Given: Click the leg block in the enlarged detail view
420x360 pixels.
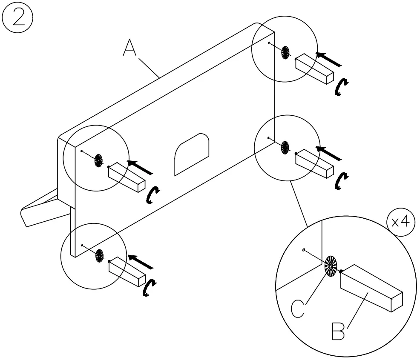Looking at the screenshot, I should pos(371,289).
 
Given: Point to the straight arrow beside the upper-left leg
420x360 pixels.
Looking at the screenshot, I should pos(141,167).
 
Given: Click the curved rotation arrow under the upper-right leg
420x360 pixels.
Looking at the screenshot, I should pos(340,87).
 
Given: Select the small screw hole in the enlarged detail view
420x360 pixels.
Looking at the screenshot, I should pos(303,250).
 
